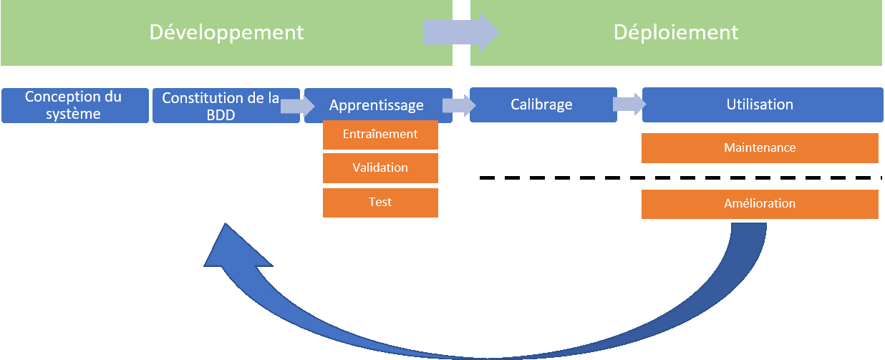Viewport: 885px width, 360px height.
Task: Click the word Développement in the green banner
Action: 226,33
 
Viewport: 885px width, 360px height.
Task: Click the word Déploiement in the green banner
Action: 676,32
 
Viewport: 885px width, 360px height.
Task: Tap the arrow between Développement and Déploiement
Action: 461,32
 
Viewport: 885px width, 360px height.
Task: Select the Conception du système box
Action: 75,105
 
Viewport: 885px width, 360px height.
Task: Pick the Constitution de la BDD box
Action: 226,105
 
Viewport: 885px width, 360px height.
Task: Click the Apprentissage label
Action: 377,105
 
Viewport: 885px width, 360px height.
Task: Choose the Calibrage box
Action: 543,104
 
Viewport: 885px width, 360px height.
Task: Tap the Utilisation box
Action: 763,104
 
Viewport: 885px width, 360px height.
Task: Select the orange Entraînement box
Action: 380,135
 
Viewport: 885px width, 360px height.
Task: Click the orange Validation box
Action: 380,168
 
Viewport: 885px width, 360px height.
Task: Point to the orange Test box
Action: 380,203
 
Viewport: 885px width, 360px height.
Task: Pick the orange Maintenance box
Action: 760,148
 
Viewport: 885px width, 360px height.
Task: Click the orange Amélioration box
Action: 760,204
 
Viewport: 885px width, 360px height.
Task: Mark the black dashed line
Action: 681,178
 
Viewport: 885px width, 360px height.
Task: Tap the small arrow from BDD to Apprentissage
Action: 297,106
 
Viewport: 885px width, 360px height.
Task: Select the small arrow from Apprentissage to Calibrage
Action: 459,105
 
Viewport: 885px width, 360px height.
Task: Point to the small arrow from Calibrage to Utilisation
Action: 629,104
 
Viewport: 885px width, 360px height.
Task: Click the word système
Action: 73,114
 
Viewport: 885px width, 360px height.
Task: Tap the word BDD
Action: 221,115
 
